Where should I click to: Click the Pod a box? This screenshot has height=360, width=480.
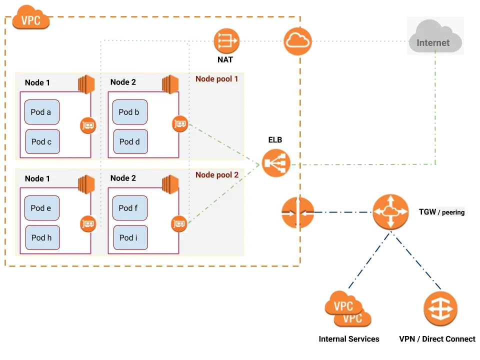pos(42,112)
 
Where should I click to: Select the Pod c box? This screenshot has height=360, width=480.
pos(42,141)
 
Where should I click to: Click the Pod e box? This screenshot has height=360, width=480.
pos(42,208)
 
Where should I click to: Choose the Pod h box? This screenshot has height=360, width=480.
pos(42,237)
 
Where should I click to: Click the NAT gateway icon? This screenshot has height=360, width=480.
pos(226,41)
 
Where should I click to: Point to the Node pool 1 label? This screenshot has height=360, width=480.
pos(216,79)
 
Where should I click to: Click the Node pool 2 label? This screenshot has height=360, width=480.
pos(216,175)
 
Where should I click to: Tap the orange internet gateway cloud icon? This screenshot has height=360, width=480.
pos(298,41)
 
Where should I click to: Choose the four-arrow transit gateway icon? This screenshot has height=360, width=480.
pos(389,212)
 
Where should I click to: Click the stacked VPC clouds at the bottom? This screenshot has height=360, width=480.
pos(348,309)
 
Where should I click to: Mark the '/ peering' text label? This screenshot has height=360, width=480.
pos(451,212)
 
